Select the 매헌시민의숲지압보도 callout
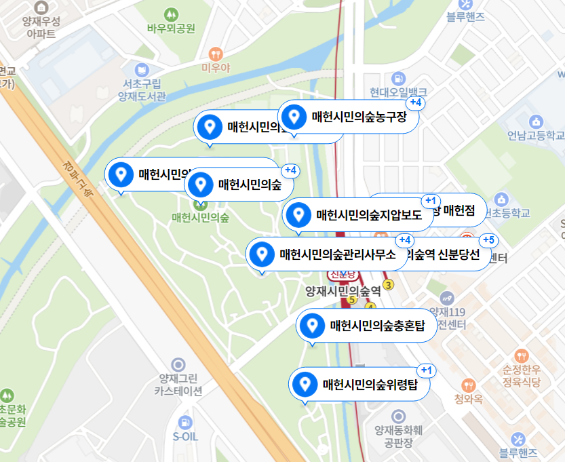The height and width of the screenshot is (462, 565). (x=368, y=216)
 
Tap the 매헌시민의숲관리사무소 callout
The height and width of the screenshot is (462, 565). (x=336, y=254)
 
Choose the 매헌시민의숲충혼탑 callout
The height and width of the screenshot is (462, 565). (x=376, y=326)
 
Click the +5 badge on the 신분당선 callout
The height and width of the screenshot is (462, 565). (x=488, y=241)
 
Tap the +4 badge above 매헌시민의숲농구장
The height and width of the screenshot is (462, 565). (x=416, y=103)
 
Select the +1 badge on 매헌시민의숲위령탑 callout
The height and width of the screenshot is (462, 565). (x=426, y=370)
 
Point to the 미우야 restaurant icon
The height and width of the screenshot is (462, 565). (x=215, y=53)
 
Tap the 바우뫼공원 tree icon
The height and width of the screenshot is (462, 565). (x=171, y=14)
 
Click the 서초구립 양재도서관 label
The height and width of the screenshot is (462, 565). (x=142, y=90)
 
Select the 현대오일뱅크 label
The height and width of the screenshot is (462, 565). (x=398, y=92)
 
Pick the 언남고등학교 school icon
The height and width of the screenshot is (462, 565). (x=537, y=121)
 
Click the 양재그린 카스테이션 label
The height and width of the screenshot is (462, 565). (x=178, y=385)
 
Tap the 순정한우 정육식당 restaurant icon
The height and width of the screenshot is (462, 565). (x=521, y=355)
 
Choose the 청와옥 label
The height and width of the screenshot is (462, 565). (x=468, y=399)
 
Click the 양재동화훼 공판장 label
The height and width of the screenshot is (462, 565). (x=398, y=436)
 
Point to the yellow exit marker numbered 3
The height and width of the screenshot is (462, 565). (x=389, y=285)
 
